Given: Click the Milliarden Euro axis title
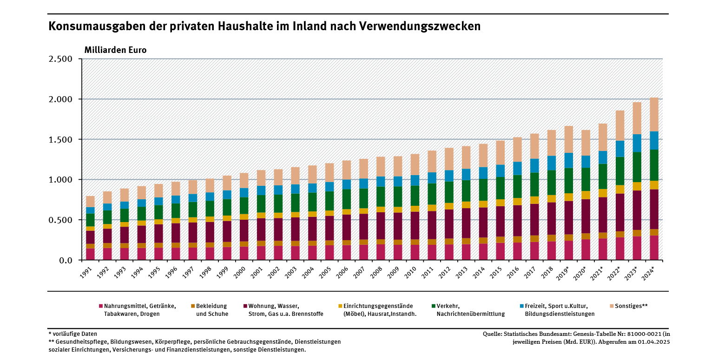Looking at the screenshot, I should pos(115,50).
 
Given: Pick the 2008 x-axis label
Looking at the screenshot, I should pos(380,273).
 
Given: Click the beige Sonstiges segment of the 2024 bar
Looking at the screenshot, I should pos(653,114).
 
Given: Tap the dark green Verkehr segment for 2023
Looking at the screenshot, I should pos(636,167).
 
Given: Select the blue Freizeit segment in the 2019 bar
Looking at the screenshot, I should pos(568,160).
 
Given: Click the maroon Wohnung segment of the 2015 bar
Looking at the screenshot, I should pos(500,221).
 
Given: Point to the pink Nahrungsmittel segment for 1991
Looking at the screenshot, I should pos(90,254).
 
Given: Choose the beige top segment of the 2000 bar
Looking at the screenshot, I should pos(244,180).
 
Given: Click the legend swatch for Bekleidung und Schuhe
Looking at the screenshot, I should pos(193,306).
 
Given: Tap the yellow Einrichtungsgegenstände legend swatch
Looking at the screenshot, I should pos(340,306).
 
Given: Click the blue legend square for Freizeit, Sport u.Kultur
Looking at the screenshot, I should pos(521,306).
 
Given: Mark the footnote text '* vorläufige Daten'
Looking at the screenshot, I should pos(72,334).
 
